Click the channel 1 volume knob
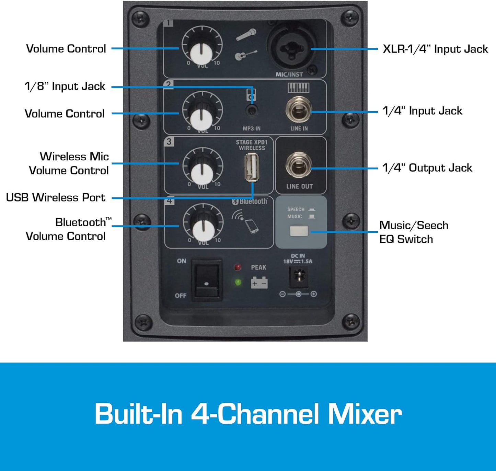click(201, 51)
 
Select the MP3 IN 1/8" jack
click(252, 111)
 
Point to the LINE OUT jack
click(298, 166)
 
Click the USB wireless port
click(252, 168)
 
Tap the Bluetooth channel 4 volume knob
click(203, 229)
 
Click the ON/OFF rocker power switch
click(207, 280)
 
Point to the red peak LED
click(238, 267)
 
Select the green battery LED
click(238, 282)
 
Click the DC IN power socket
click(299, 277)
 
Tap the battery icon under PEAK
click(259, 283)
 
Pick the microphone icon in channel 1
click(246, 34)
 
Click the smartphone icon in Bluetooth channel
click(252, 227)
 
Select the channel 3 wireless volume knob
click(202, 173)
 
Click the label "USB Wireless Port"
click(56, 198)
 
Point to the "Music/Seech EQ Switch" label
click(414, 232)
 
